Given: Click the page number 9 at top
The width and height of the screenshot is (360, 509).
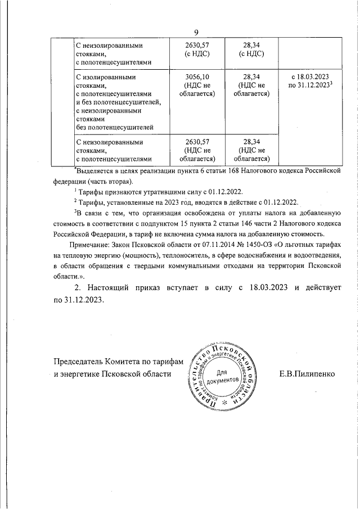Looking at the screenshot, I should [x=196, y=32].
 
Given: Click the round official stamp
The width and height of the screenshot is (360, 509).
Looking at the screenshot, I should [x=224, y=376].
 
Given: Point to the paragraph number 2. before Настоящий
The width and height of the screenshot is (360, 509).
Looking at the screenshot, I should [x=78, y=287].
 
